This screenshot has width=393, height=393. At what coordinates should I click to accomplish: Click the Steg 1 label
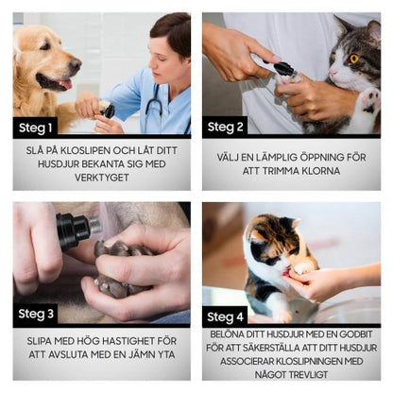coord(37,125)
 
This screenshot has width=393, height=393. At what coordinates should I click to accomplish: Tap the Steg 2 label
coord(227,125)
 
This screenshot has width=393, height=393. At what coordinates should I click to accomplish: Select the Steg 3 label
coord(37,314)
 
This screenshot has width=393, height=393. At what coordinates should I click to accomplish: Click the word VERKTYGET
coord(101,178)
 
